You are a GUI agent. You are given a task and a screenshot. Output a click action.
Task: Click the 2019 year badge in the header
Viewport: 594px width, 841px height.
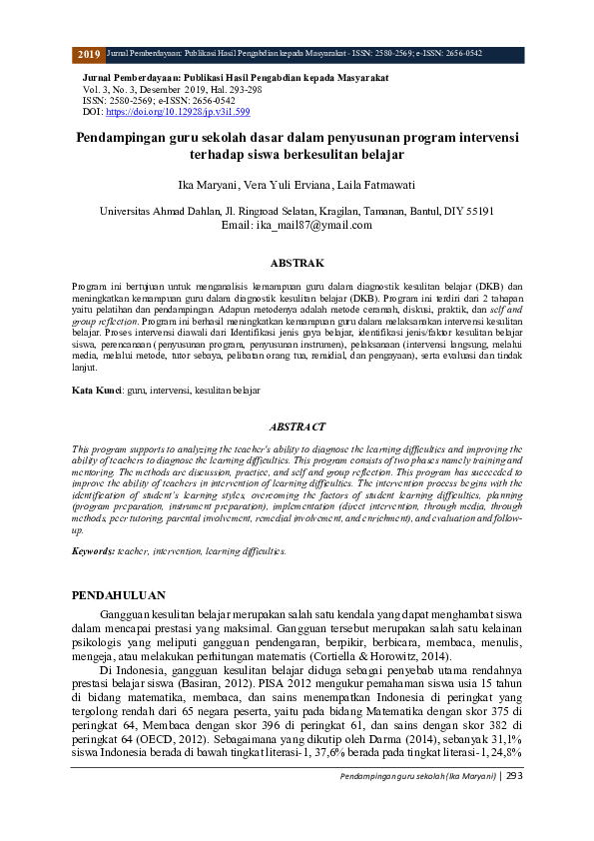[88, 54]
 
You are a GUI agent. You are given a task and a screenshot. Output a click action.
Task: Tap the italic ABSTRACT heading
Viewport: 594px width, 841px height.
[298, 426]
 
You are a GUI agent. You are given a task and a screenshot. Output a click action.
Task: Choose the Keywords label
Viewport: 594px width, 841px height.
[93, 550]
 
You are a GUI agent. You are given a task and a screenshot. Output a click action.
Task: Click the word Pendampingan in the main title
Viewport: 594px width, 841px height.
[125, 137]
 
